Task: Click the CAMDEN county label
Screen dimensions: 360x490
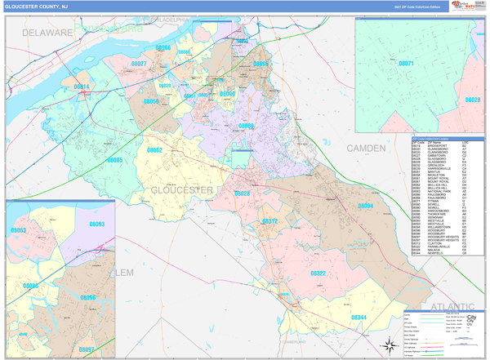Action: [x=371, y=148]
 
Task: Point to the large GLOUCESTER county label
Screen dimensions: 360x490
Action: [x=182, y=189]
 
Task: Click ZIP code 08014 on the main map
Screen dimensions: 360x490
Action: [x=83, y=86]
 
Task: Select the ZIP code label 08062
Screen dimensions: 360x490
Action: [x=154, y=150]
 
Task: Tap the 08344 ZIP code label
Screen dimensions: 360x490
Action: [x=360, y=316]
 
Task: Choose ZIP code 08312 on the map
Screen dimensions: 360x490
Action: [x=270, y=221]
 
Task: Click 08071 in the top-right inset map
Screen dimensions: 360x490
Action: [x=406, y=63]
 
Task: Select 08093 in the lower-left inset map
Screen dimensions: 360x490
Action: [x=96, y=224]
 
